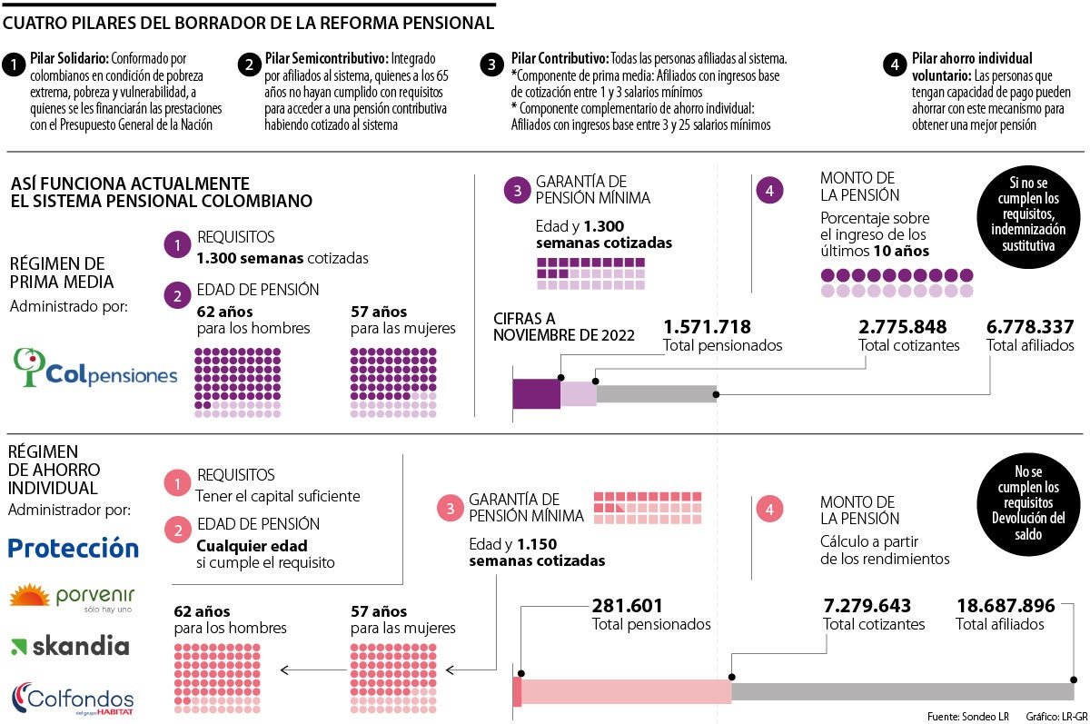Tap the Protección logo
click(73, 548)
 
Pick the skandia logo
click(70, 647)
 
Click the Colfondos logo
click(73, 699)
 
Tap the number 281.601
click(628, 606)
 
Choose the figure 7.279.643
click(867, 606)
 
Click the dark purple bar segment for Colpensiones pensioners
click(536, 393)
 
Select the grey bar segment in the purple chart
click(656, 393)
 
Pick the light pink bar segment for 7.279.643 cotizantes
click(627, 691)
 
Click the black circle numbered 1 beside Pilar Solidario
click(15, 64)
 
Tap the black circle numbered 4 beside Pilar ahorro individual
click(896, 64)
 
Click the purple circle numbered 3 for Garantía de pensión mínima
click(516, 191)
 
